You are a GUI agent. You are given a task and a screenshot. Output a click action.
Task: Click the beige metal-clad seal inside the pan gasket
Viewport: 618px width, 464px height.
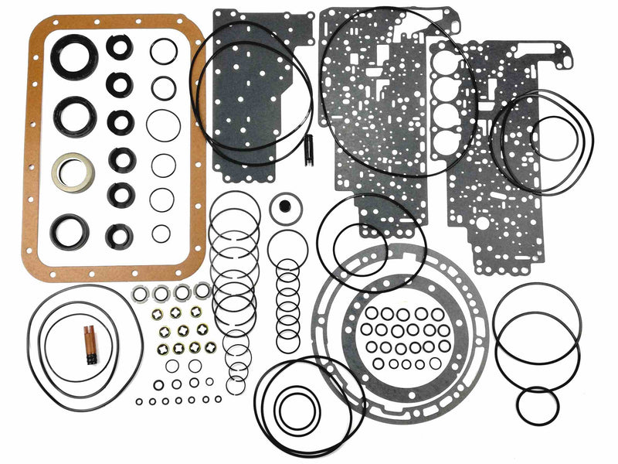pos(73,172)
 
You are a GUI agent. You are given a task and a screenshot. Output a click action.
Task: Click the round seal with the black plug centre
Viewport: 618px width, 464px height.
pos(284,209)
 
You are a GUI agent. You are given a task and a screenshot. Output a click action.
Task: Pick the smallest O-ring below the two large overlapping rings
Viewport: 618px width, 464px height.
pos(537,405)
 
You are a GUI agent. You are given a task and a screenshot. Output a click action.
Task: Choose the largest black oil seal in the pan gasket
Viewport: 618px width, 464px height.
pos(76,56)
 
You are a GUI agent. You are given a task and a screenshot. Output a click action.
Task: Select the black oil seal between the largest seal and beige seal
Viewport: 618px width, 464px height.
pos(75,116)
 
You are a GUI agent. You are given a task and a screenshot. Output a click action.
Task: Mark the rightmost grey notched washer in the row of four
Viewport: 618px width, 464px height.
pos(201,291)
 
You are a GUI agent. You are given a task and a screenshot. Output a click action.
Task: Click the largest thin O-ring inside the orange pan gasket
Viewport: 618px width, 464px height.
pos(163,125)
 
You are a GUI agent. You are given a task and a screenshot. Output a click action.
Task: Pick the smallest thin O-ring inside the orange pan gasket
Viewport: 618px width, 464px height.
pos(161,233)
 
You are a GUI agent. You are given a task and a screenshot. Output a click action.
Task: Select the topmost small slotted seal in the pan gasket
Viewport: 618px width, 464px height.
pos(119,48)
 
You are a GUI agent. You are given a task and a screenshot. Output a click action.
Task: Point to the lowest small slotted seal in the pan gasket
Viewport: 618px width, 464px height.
pos(119,235)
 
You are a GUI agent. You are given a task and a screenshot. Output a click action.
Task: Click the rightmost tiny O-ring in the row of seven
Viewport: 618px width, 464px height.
pos(217,399)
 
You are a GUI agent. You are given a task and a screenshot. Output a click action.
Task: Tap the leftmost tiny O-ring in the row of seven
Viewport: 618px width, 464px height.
pos(138,401)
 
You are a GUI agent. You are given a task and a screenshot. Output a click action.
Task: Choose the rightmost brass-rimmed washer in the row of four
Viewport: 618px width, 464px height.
pos(196,312)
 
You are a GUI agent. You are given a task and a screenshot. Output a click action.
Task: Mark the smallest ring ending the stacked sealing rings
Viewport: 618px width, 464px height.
pos(236,384)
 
